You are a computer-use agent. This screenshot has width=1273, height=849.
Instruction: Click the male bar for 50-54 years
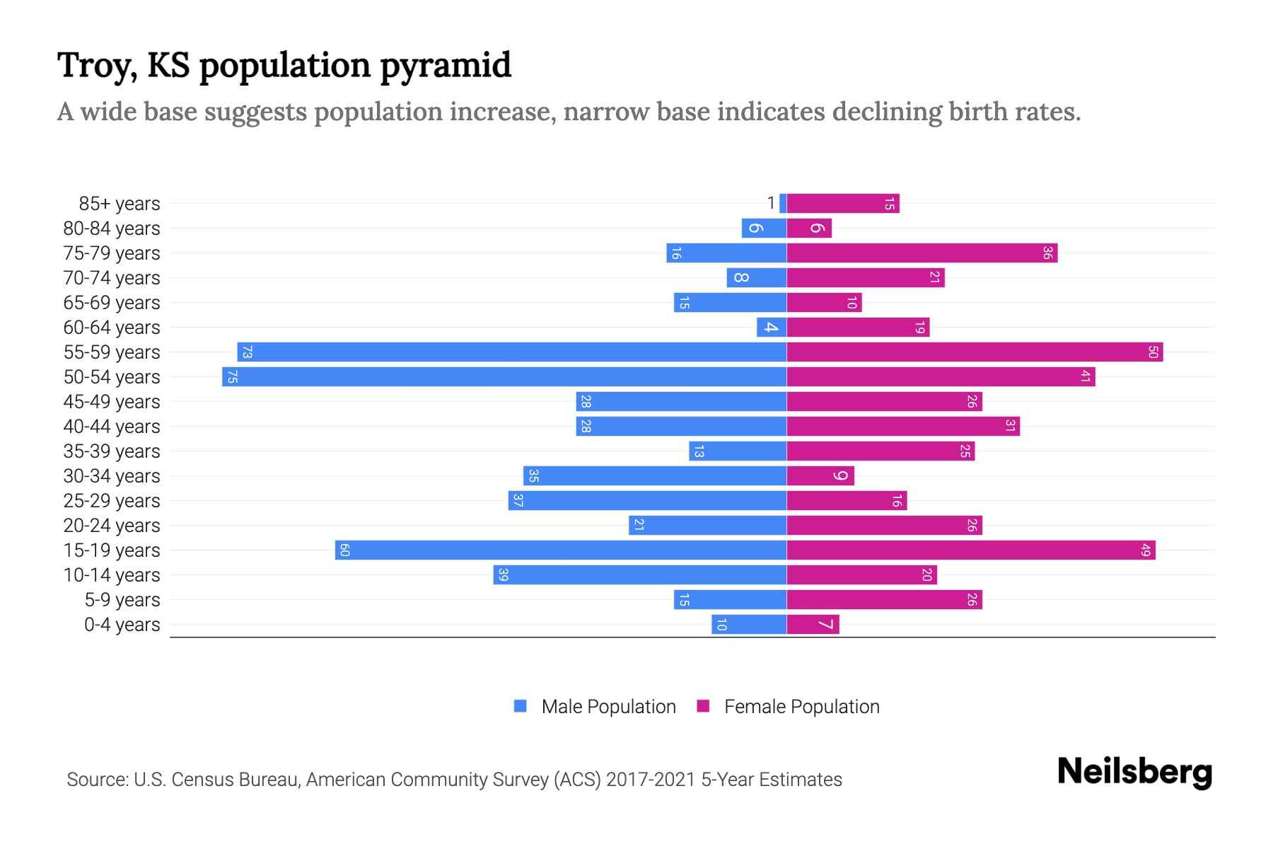[504, 376]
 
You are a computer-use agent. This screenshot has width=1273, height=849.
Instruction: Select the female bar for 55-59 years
[975, 352]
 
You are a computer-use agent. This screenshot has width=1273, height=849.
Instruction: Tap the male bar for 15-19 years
[561, 550]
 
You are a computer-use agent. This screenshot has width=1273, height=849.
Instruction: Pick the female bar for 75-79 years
[922, 253]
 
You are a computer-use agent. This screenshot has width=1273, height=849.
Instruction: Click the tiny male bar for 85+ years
[783, 203]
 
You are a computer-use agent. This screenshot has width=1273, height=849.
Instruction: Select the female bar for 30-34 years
[820, 475]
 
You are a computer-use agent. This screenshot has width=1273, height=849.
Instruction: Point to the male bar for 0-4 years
[749, 624]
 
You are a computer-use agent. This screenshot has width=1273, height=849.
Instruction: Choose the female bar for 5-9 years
[884, 599]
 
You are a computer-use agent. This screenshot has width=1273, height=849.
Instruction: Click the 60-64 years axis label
[112, 328]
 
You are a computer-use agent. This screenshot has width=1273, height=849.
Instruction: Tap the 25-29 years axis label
[112, 501]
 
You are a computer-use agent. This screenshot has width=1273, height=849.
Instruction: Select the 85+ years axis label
[120, 204]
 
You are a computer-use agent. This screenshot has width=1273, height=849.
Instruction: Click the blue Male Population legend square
[521, 706]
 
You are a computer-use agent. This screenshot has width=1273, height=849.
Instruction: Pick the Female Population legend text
[801, 707]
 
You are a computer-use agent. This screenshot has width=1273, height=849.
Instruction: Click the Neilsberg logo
[1134, 772]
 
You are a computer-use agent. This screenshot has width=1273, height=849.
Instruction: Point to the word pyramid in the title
[446, 66]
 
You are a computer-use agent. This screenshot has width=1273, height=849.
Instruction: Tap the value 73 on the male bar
[247, 352]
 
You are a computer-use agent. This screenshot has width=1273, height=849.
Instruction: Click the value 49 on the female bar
[1146, 550]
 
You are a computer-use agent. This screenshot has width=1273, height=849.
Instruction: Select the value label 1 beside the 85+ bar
[771, 203]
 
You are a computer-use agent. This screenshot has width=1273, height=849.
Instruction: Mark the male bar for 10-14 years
[640, 574]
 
